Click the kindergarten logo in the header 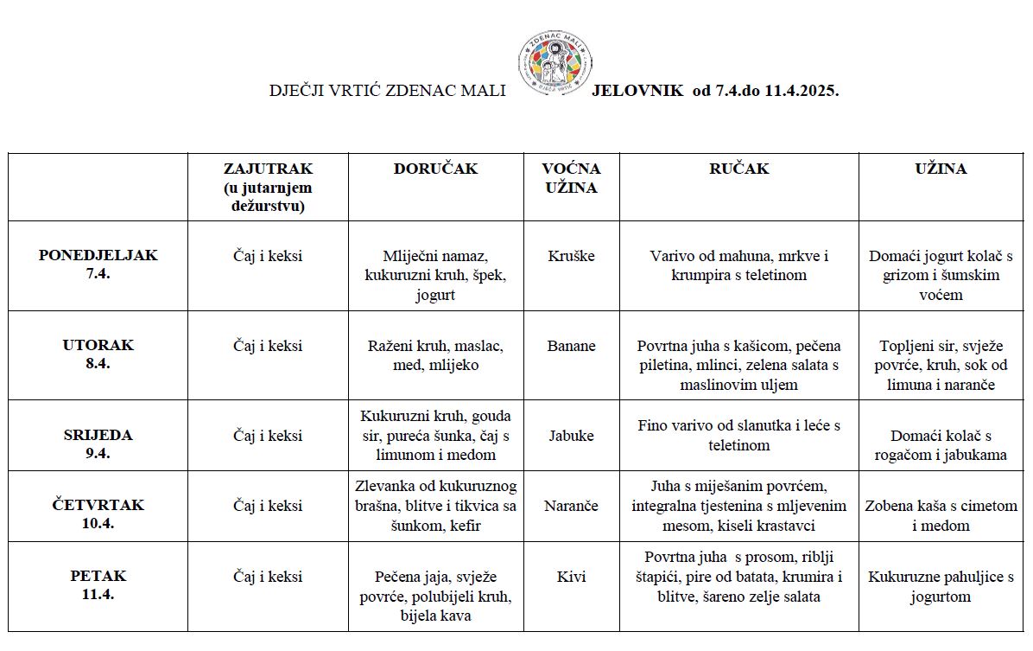click(x=555, y=63)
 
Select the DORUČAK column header click(x=435, y=169)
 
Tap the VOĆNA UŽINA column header click(x=571, y=178)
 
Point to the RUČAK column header click(x=738, y=169)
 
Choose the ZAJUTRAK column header click(x=268, y=187)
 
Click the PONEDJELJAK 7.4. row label click(x=98, y=264)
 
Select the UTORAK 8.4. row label click(x=98, y=354)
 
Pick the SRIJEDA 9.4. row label click(x=98, y=444)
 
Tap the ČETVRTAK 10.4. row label click(x=98, y=514)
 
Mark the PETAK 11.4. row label click(x=98, y=584)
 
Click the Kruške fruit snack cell click(x=571, y=256)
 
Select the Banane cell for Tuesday click(x=571, y=346)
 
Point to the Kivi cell click(x=571, y=577)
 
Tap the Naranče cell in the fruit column click(x=571, y=506)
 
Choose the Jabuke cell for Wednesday click(x=571, y=436)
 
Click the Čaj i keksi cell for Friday click(x=268, y=577)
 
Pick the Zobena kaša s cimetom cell click(x=941, y=515)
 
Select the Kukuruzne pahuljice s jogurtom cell click(x=941, y=586)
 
